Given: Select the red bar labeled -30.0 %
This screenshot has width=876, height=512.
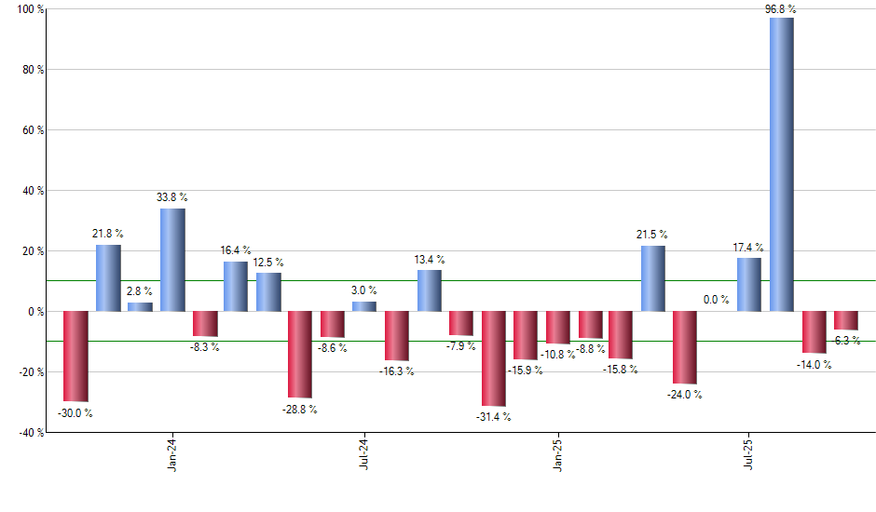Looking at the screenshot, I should (x=75, y=357).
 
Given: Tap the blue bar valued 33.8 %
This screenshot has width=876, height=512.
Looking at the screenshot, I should (x=172, y=260).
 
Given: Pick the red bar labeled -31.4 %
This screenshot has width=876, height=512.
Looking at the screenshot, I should (x=493, y=358).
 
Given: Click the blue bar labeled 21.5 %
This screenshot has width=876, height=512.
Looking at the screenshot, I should (x=652, y=278).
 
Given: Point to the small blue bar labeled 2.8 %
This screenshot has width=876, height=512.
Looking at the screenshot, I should (x=140, y=307).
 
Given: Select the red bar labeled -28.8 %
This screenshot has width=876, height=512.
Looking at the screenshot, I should (x=300, y=355).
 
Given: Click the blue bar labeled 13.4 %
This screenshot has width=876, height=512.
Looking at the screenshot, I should (x=429, y=290).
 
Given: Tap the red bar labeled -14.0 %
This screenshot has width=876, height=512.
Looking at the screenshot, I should (x=814, y=332).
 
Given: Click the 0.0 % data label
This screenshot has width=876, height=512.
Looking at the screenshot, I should (x=716, y=300).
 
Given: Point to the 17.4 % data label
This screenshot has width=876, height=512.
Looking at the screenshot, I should (x=747, y=248).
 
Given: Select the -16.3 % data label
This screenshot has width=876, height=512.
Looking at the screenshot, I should (x=397, y=371).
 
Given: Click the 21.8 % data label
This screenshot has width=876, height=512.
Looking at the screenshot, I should (x=108, y=234).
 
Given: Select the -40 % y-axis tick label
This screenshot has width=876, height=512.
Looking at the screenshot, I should (x=29, y=432).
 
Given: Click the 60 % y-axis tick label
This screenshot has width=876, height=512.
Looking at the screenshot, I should (x=33, y=130).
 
